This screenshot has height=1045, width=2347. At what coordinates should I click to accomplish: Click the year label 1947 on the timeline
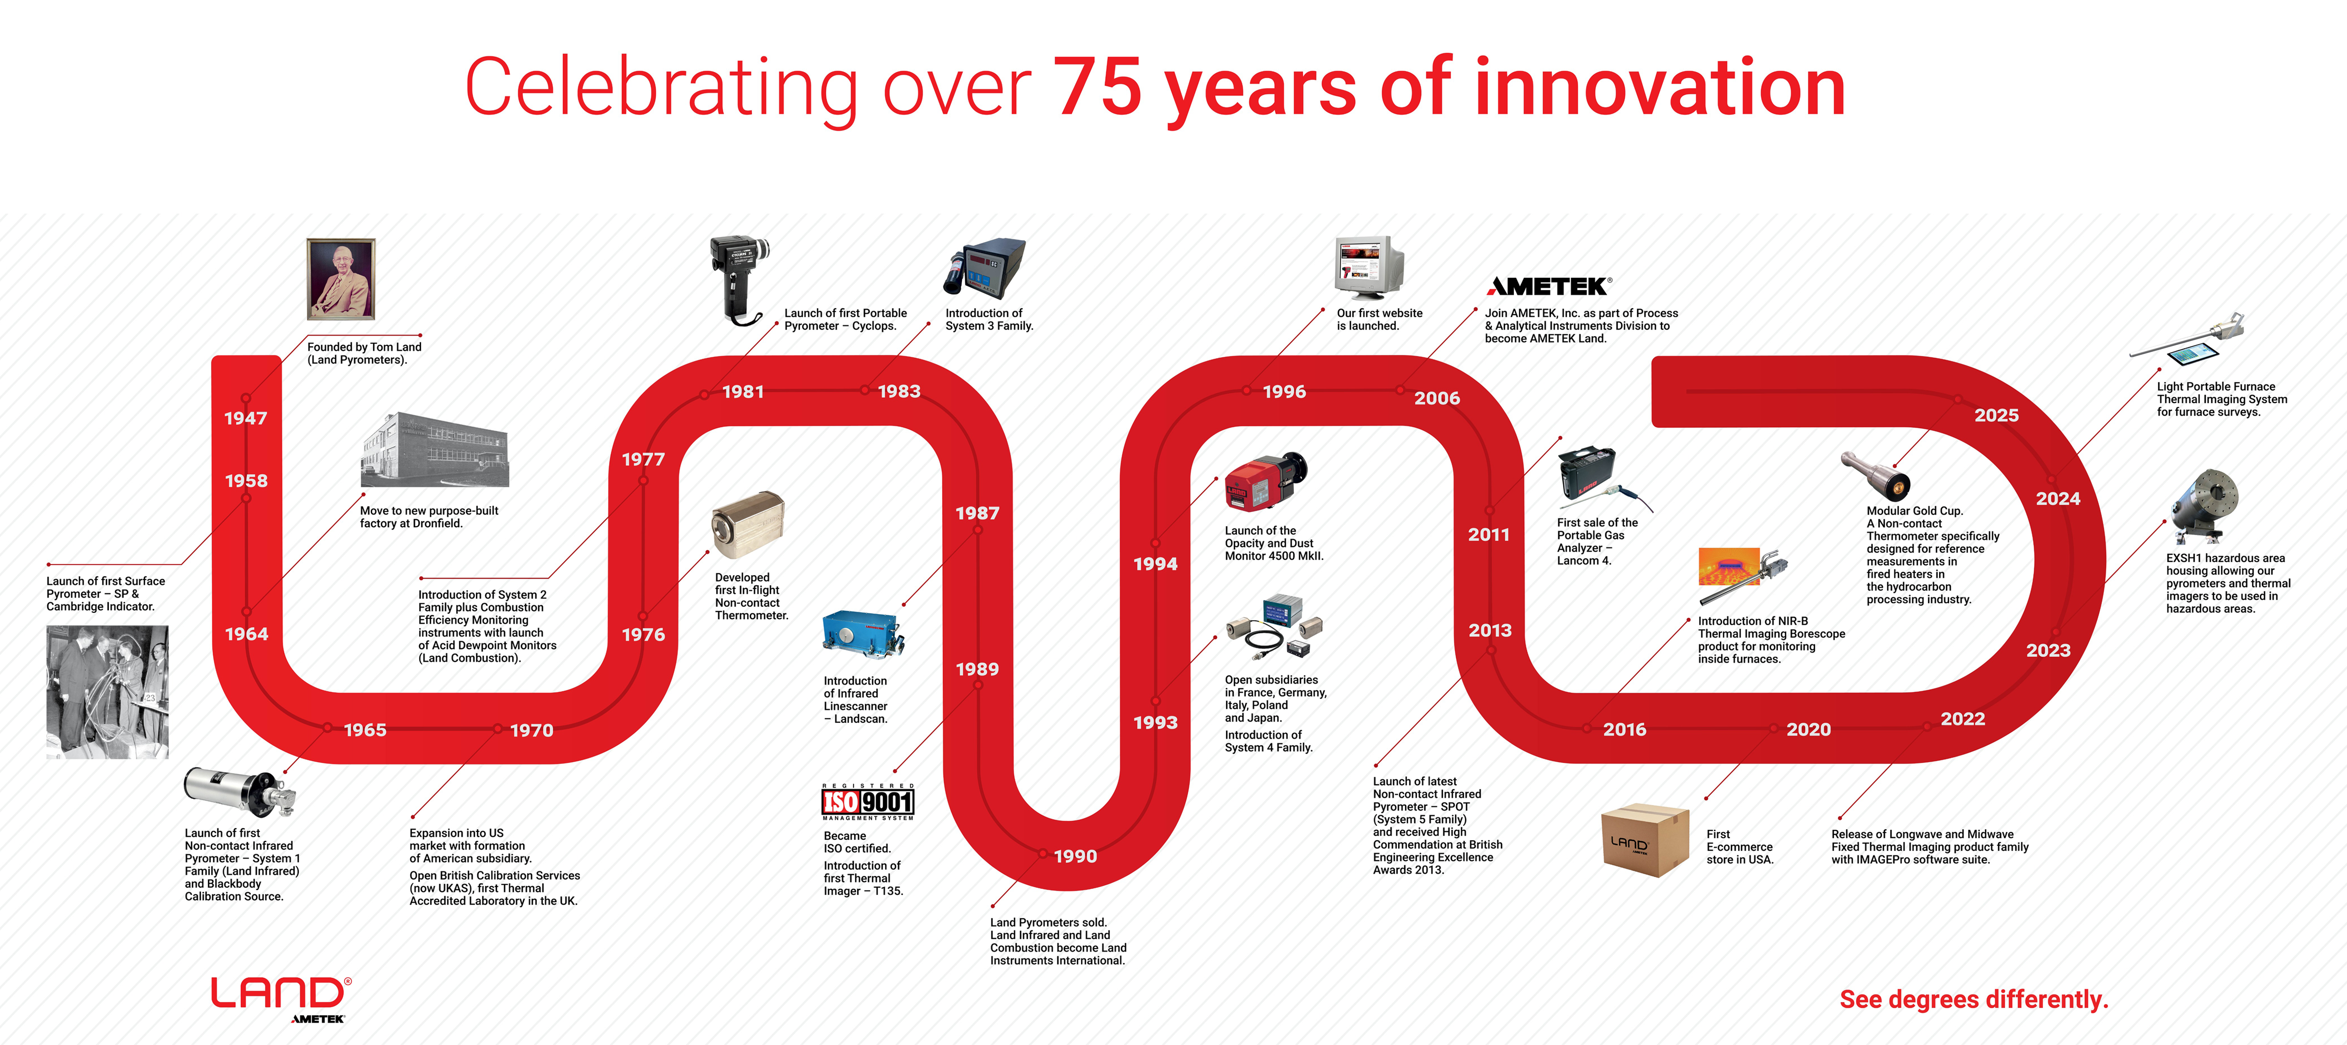[x=246, y=418]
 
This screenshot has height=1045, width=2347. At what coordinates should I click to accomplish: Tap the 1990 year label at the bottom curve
[x=1075, y=857]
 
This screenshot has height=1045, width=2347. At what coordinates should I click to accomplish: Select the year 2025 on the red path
[x=1996, y=415]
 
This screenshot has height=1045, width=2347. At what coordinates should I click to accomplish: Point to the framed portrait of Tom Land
[x=341, y=279]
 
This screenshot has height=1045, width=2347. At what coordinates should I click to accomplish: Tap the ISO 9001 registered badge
[x=867, y=802]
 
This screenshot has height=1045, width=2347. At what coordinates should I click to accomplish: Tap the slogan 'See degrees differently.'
[x=1974, y=1000]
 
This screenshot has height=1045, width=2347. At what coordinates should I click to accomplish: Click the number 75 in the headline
[x=1097, y=88]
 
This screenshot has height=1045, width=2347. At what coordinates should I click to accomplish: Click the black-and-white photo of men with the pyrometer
[x=108, y=691]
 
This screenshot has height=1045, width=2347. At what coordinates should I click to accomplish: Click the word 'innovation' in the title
[x=1659, y=88]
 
